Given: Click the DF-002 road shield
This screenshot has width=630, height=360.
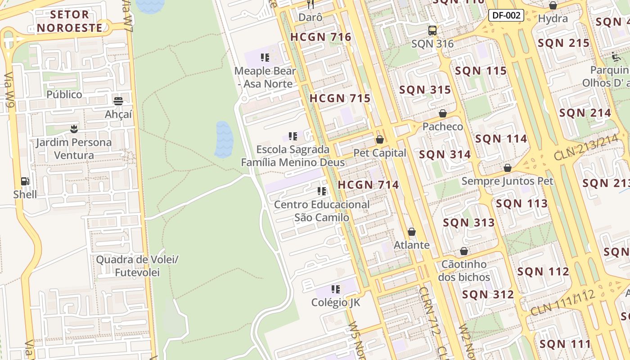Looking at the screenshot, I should tap(506, 15).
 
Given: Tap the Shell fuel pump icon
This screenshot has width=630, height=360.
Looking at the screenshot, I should tap(25, 181).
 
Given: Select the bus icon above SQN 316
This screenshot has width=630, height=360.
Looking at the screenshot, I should tap(432, 31).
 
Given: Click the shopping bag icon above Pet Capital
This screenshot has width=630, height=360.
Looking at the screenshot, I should tap(379, 140).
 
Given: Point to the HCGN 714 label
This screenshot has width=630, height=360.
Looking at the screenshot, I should tap(368, 184).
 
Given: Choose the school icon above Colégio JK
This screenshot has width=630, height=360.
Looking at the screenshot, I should tap(335, 289).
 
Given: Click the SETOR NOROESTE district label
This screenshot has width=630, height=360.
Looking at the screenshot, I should tap(70, 21).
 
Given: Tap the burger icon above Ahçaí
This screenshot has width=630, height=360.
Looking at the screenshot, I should tap(118, 101).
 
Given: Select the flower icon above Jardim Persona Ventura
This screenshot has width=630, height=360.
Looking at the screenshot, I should tap(74, 130).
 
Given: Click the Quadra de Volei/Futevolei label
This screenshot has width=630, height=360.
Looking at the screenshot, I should tap(137, 266).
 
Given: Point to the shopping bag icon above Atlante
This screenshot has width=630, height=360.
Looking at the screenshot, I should tap(411, 232).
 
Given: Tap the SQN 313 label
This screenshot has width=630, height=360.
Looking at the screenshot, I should tap(468, 222).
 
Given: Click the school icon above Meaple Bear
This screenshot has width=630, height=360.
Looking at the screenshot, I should tap(265, 58).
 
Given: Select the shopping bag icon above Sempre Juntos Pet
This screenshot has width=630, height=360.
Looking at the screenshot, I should tap(507, 168).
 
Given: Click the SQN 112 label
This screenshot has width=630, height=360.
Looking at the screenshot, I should tap(543, 271).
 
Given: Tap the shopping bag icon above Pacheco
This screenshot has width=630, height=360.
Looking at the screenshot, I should tap(442, 113).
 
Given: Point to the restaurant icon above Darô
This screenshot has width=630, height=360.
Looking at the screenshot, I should tap(310, 4).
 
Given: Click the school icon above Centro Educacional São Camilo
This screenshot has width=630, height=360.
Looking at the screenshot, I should tap(321, 191).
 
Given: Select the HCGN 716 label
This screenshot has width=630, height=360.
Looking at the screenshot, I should tap(320, 37).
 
